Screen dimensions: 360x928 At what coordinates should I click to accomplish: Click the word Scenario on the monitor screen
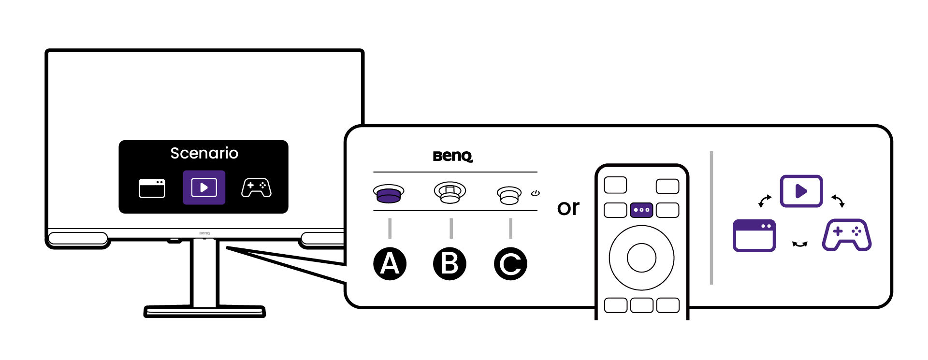coord(204,153)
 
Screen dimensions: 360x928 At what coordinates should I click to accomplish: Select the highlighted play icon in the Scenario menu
coord(204,187)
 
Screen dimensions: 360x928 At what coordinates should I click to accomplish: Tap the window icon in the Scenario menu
coord(152,188)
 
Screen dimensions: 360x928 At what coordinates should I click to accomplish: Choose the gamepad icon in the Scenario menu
coord(256,187)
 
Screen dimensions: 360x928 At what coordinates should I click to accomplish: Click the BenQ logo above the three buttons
coord(453,156)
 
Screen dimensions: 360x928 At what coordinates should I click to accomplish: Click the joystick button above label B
coord(450,192)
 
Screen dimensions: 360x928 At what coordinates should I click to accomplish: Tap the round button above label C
coord(509,195)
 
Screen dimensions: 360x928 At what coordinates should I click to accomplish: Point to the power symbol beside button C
coord(535,193)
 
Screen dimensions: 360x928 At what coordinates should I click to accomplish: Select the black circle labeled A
coord(390,264)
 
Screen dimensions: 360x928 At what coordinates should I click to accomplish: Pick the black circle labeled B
coord(449,264)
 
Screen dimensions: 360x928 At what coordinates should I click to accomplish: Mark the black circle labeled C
coord(510,264)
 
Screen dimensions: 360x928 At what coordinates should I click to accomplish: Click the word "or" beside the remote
coord(568,208)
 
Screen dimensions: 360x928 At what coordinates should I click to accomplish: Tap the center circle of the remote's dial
coord(641,258)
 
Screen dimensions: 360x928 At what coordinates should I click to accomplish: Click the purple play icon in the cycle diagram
coord(801,191)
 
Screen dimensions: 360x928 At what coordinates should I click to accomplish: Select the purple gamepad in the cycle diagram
coord(847,235)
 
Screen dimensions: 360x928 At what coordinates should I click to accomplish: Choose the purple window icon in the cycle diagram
coord(754,235)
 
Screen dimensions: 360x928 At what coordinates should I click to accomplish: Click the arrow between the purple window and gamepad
coord(800,245)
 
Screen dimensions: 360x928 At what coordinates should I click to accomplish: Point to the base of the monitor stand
coord(204,311)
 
